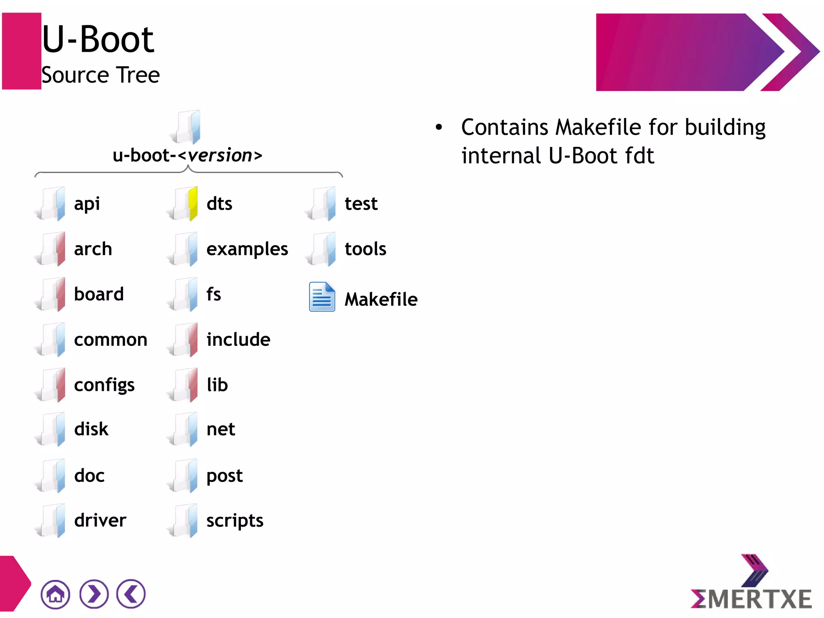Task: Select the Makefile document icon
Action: click(x=321, y=297)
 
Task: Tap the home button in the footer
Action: click(x=56, y=594)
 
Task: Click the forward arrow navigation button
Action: click(x=94, y=594)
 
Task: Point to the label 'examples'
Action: click(x=247, y=249)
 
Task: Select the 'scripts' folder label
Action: click(x=235, y=521)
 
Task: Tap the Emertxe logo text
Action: click(x=751, y=599)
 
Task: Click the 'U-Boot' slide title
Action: click(x=98, y=39)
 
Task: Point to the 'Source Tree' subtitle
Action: click(x=101, y=75)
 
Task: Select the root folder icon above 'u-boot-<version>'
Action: click(x=187, y=127)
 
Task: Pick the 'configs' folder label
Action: click(x=104, y=385)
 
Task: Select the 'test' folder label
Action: click(x=361, y=204)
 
